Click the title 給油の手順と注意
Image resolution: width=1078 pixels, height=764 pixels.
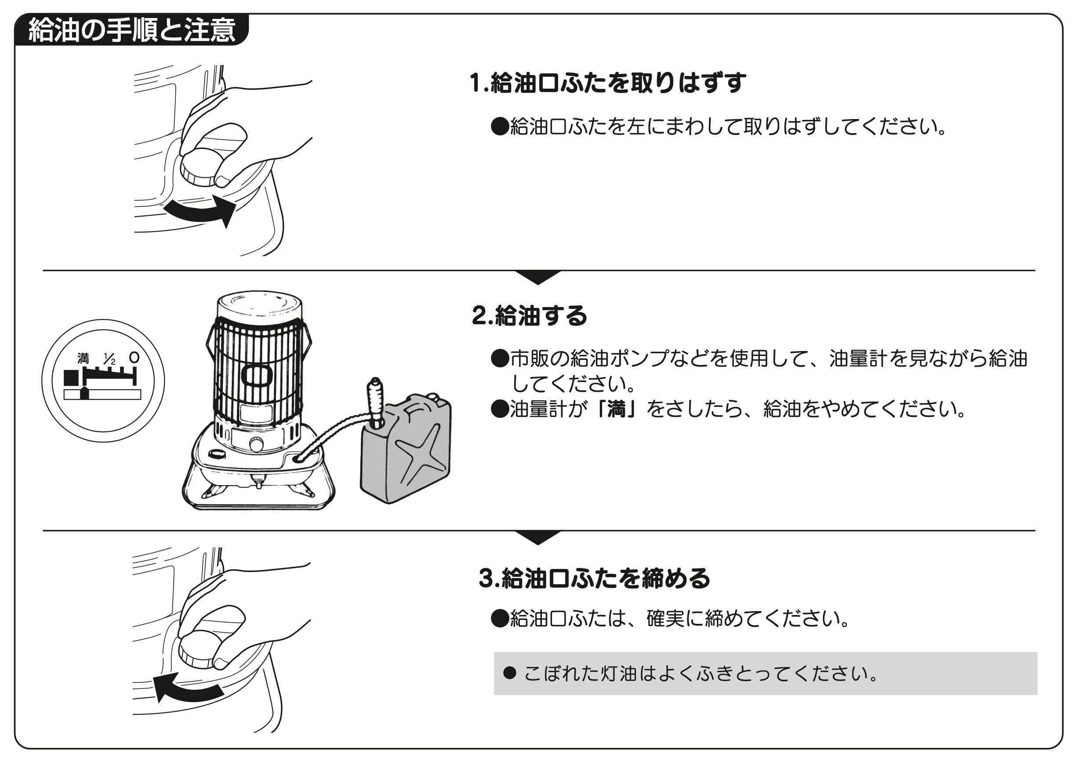pyautogui.click(x=132, y=31)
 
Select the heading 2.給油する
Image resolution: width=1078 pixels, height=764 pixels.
pyautogui.click(x=530, y=316)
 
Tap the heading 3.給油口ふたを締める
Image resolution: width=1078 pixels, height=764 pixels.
pyautogui.click(x=594, y=578)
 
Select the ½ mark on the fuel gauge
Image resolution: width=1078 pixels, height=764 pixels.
pyautogui.click(x=109, y=360)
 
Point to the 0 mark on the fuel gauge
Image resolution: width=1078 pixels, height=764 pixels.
pyautogui.click(x=134, y=358)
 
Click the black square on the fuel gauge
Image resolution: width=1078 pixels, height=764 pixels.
pyautogui.click(x=71, y=377)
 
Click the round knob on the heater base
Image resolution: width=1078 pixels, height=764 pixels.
pyautogui.click(x=257, y=444)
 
